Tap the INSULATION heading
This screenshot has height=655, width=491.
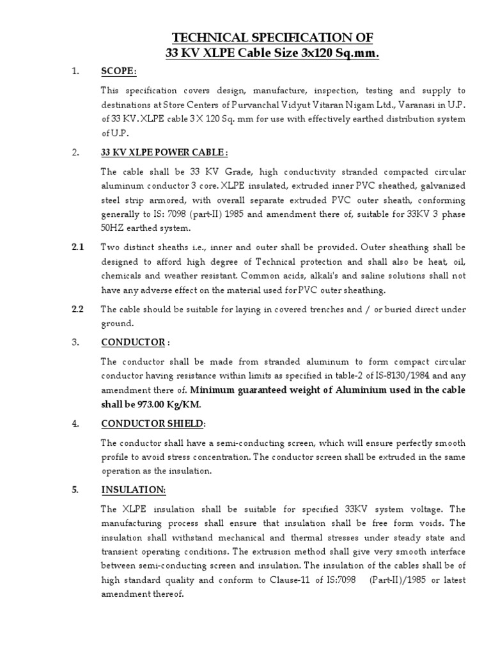[x=134, y=490]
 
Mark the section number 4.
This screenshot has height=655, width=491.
[x=75, y=423]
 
